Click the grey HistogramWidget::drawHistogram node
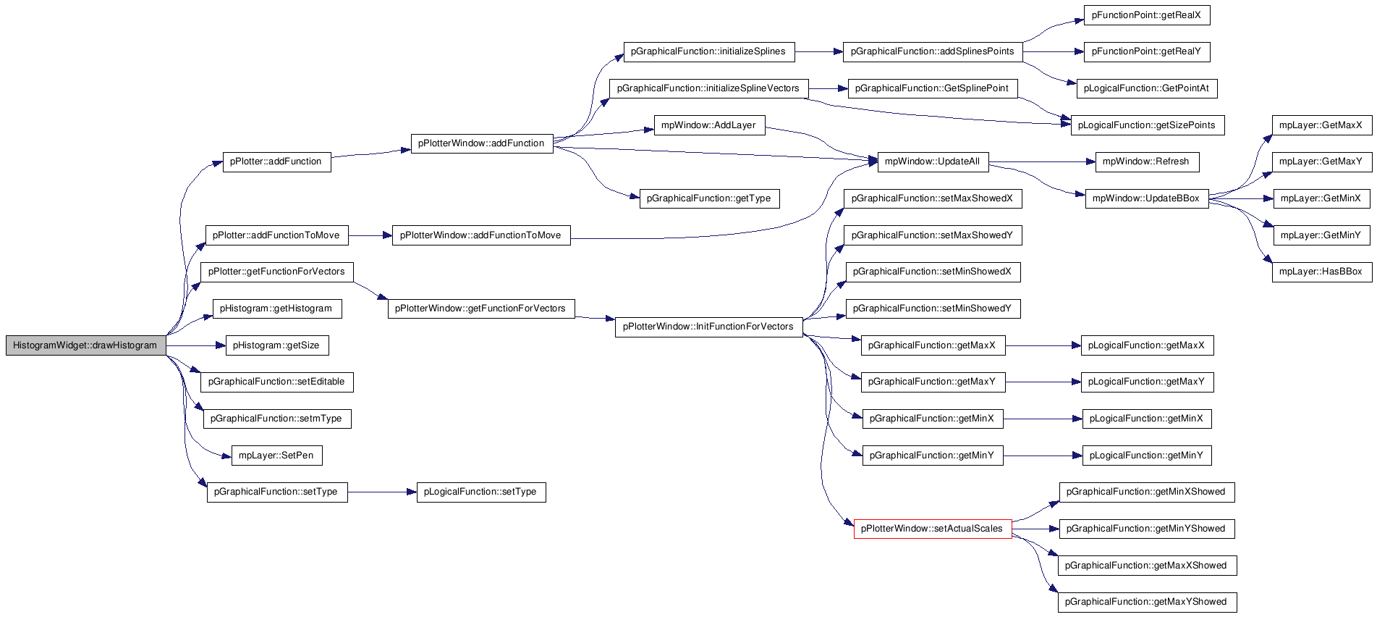click(85, 345)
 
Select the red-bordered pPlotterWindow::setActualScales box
click(933, 529)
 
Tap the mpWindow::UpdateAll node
click(933, 161)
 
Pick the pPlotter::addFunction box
click(276, 161)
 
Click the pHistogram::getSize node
click(277, 345)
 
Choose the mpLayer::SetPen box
click(277, 456)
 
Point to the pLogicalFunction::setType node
click(481, 492)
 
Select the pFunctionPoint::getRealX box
click(1147, 15)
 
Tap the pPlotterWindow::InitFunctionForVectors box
click(709, 327)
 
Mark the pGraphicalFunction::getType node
click(709, 198)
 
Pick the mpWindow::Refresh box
click(1147, 161)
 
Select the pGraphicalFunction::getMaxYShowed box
click(1147, 602)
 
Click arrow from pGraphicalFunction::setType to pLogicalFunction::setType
click(382, 492)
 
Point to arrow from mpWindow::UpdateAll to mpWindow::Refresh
click(1042, 161)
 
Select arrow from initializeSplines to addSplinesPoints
click(819, 52)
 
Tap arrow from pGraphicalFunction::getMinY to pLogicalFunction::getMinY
click(1043, 456)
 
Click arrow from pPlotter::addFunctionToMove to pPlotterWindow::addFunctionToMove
click(370, 235)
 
